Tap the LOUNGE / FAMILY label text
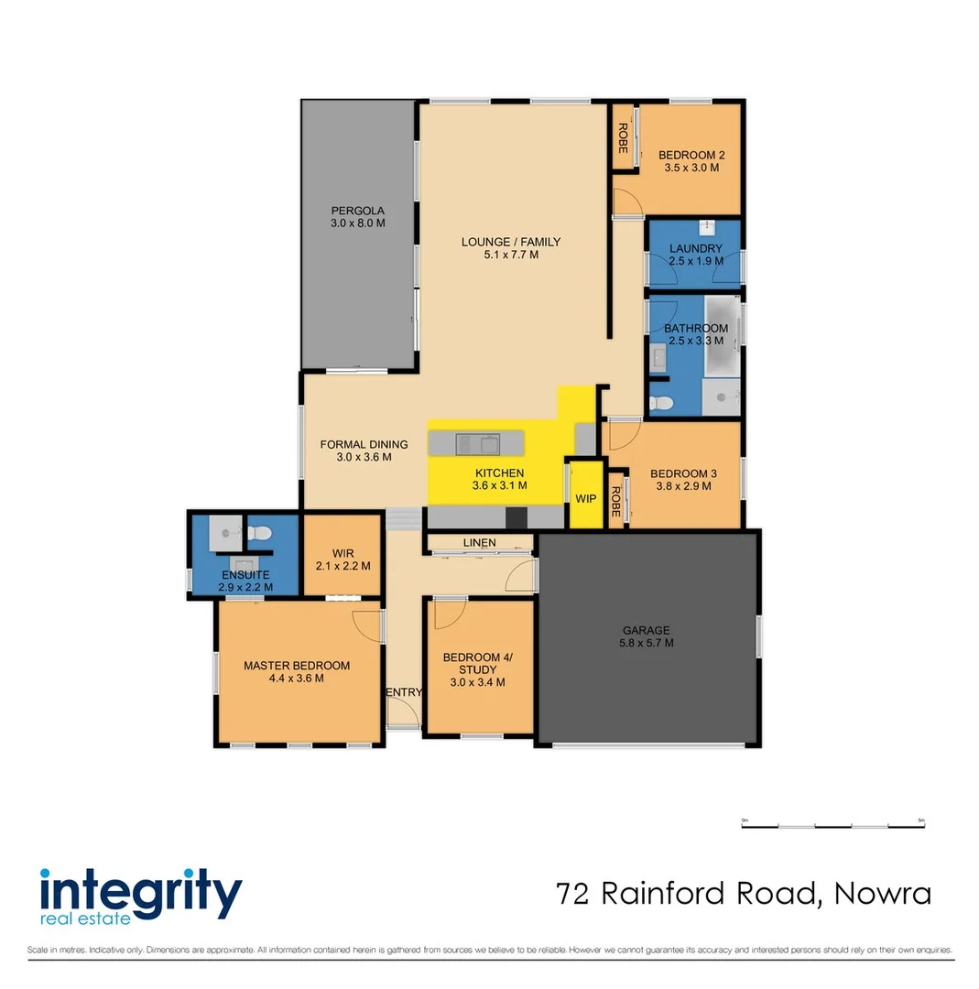click(x=510, y=242)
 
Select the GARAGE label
click(x=647, y=630)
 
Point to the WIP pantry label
click(x=586, y=499)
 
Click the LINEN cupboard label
click(x=479, y=543)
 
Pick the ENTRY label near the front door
click(x=404, y=692)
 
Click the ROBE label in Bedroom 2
click(x=623, y=137)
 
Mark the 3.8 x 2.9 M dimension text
click(x=682, y=486)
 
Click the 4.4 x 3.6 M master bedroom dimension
click(x=296, y=679)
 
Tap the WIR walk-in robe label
click(x=343, y=553)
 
